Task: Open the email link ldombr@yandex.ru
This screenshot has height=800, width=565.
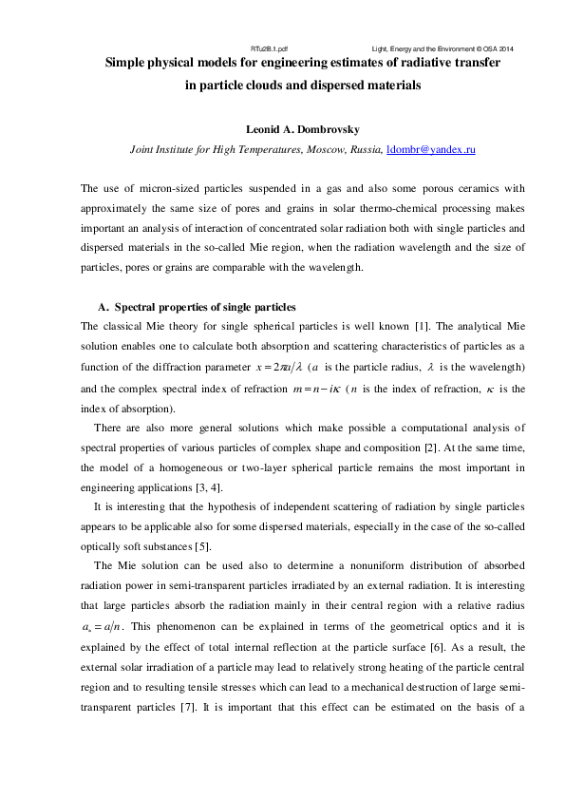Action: [x=431, y=150]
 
